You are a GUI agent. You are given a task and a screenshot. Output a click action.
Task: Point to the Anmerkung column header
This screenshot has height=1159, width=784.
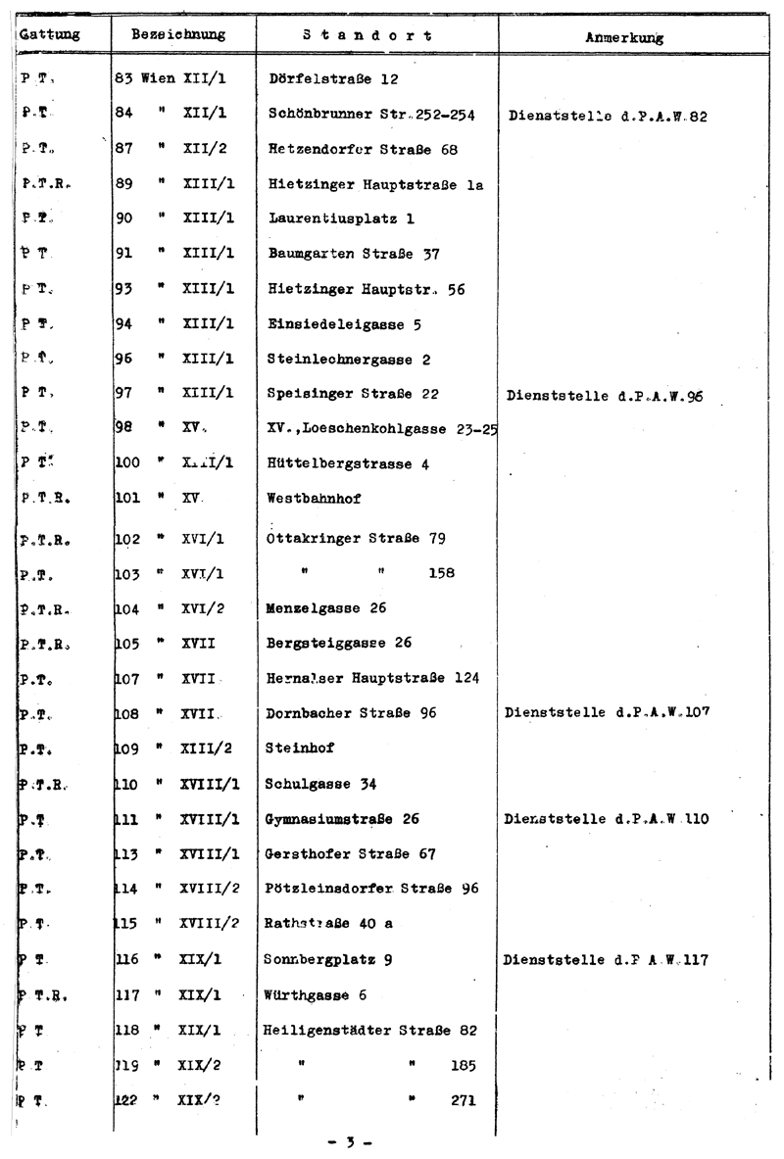pyautogui.click(x=623, y=38)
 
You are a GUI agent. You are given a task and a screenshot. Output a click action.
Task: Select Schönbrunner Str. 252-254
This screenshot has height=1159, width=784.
pyautogui.click(x=371, y=114)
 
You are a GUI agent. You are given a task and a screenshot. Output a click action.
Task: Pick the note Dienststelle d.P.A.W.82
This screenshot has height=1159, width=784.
pyautogui.click(x=609, y=115)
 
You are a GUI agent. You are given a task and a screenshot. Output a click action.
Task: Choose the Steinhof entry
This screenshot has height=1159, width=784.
pyautogui.click(x=299, y=748)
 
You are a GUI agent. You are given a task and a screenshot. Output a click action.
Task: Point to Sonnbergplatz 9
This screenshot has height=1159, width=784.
pyautogui.click(x=329, y=959)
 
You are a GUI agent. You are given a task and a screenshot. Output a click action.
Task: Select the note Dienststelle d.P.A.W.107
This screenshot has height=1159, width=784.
pyautogui.click(x=607, y=711)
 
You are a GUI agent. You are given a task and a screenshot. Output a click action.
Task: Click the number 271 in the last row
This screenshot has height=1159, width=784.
pyautogui.click(x=464, y=1100)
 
